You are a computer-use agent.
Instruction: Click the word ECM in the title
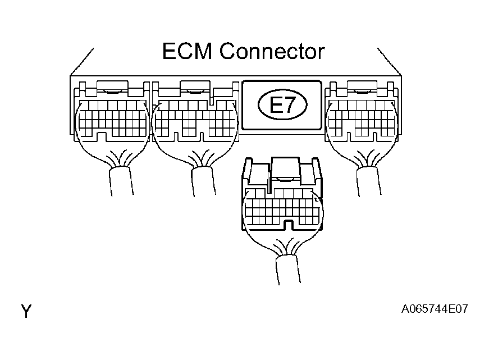coord(187,51)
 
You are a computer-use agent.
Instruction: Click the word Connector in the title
coord(272,51)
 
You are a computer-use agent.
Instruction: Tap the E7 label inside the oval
coord(282,104)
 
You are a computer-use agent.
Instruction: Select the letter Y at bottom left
coord(26,311)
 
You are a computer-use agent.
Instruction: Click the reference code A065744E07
coord(435,309)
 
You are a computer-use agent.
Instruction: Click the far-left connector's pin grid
coord(113,119)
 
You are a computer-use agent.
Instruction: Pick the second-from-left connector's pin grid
coord(195,119)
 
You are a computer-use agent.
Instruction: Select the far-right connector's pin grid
coord(362,119)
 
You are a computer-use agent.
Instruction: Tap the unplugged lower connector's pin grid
coord(282,207)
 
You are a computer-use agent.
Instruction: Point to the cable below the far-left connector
coord(122,181)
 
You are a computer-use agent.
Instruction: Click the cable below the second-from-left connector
coord(204,181)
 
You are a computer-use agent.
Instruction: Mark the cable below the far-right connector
coord(369,181)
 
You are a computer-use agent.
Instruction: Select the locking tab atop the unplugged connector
coord(286,168)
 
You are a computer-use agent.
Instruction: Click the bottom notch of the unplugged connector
coord(289,225)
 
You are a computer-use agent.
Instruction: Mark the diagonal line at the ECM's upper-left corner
coord(82,62)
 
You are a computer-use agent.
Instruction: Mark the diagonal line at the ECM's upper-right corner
coord(389,62)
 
